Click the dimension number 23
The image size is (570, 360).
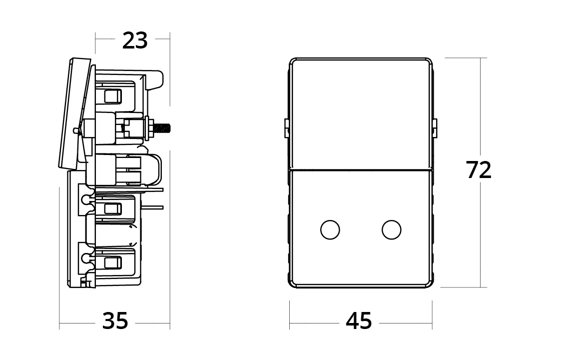[x=135, y=40]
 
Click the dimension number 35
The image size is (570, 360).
[x=115, y=320]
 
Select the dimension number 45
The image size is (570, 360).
[x=359, y=320]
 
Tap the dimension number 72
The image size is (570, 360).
[x=479, y=170]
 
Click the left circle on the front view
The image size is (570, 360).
[x=329, y=229]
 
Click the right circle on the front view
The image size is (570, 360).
[x=392, y=229]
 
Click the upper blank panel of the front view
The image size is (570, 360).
[x=360, y=112]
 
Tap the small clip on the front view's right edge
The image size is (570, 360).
[x=435, y=128]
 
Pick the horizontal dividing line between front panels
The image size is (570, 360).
[x=360, y=169]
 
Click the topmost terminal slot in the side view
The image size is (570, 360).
[x=112, y=95]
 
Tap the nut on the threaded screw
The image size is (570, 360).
[x=149, y=128]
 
